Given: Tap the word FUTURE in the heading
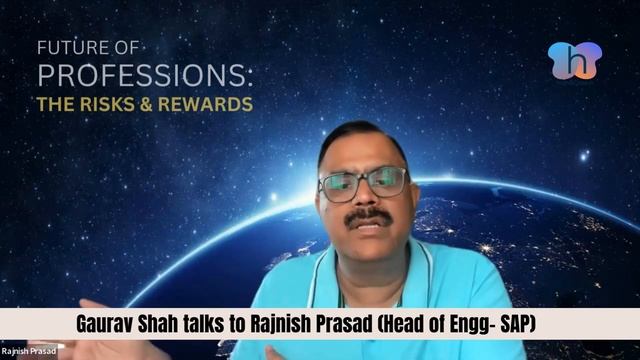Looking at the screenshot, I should click(66, 47).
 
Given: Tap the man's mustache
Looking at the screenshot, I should click(371, 214).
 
